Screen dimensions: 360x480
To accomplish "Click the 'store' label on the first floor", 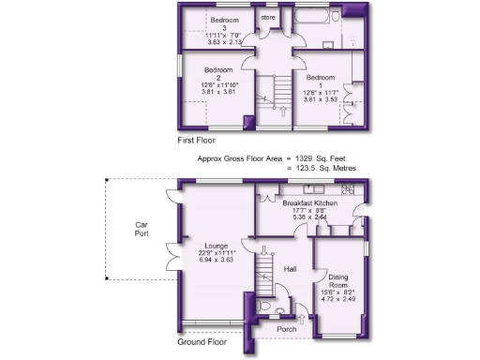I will tap(267, 17).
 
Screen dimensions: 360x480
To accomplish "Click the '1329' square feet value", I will tap(306, 158).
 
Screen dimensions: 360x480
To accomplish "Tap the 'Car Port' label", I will tap(142, 231).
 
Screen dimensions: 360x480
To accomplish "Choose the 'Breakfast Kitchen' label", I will tap(310, 202).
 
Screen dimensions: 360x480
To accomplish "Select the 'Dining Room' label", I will tap(340, 283).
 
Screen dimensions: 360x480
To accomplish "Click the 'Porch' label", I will tap(287, 329).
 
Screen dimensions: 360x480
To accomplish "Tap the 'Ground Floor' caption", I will tap(202, 342).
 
